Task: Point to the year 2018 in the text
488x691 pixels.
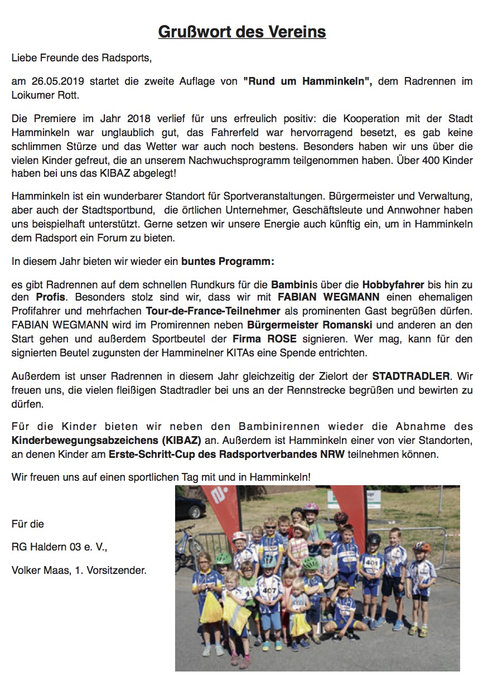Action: [x=139, y=119]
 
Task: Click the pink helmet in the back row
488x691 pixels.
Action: [x=311, y=508]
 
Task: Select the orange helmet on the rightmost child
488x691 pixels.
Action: [x=422, y=547]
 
